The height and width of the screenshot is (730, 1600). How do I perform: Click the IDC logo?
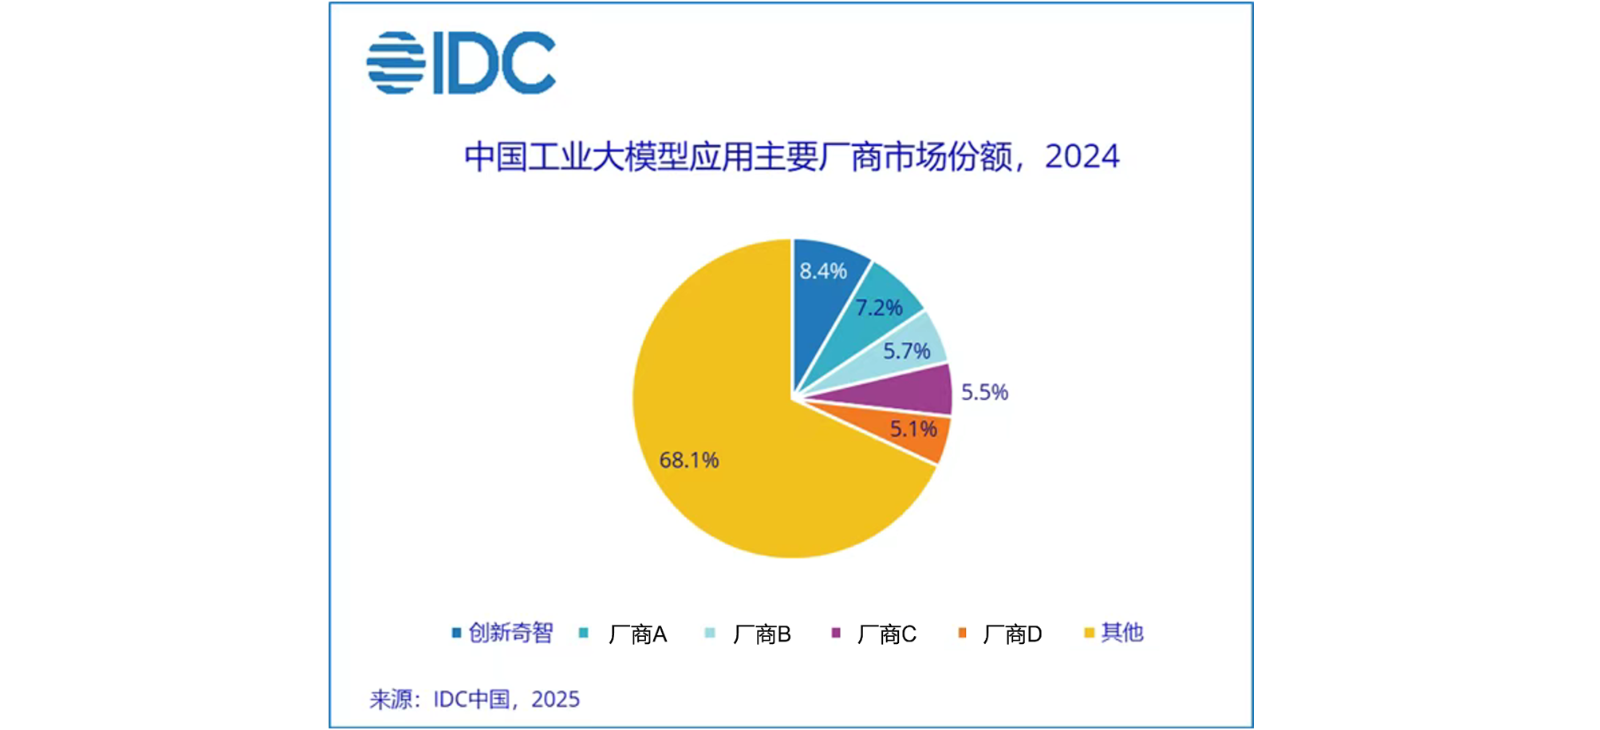click(x=461, y=63)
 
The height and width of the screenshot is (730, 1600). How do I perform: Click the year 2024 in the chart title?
click(x=1082, y=156)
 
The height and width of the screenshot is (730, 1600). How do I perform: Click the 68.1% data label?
click(x=689, y=461)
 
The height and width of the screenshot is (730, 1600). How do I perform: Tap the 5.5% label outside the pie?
click(x=984, y=392)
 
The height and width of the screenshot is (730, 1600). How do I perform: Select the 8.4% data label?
click(x=823, y=271)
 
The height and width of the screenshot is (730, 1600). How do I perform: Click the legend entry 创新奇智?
click(x=510, y=633)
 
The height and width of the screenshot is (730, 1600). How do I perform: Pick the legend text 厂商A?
click(x=637, y=634)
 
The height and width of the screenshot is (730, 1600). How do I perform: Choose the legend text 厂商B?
click(x=762, y=634)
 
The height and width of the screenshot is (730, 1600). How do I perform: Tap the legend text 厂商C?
click(x=887, y=634)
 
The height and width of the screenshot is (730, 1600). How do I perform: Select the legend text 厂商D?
click(x=1012, y=634)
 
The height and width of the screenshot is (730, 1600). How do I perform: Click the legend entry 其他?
click(x=1122, y=633)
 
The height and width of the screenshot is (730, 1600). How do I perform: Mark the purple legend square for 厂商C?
click(x=836, y=633)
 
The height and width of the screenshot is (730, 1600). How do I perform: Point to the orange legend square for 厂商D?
click(x=962, y=633)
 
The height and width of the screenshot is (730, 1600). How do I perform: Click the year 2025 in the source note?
click(x=555, y=699)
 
